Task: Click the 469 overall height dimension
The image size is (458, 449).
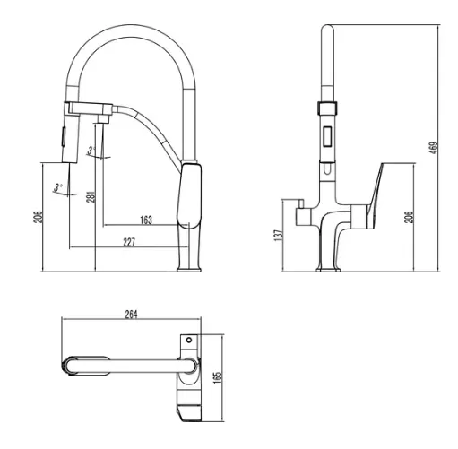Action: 434,148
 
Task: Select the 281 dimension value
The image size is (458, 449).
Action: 91,197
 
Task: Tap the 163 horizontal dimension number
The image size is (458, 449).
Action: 146,220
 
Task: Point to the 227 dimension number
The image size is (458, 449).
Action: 129,242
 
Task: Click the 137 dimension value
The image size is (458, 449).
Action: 279,235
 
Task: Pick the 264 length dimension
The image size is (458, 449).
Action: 131,315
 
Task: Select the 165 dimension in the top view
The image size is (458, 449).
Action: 219,377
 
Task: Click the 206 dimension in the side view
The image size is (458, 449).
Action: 38,217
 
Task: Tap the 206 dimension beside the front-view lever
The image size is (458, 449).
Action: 409,217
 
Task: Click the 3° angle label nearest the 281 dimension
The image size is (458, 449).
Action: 91,150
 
